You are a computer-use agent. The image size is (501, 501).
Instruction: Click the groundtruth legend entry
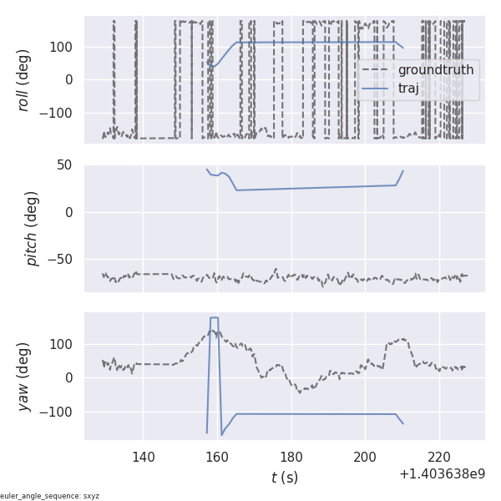(435, 69)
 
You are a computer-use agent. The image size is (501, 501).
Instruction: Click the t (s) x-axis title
(284, 478)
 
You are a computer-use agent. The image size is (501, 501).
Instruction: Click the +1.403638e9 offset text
(442, 473)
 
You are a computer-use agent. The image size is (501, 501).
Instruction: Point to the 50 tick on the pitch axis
(65, 165)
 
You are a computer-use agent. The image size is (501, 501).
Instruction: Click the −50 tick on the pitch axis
(61, 260)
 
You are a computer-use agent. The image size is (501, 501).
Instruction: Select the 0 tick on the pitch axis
(69, 213)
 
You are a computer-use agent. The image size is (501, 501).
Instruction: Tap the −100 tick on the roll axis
(57, 114)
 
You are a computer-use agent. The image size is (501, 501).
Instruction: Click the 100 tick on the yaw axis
(61, 344)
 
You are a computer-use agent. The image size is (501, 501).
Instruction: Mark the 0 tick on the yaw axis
(69, 377)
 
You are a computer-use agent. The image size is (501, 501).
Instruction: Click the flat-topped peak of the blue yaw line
(215, 318)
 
